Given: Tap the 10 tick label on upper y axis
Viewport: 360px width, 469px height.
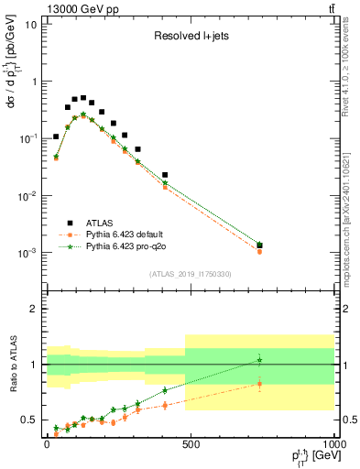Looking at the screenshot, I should tap(30, 24).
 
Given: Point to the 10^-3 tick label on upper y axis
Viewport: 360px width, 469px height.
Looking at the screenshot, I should tap(28, 253).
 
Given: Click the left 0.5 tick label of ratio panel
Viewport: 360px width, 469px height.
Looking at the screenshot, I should tap(28, 420).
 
